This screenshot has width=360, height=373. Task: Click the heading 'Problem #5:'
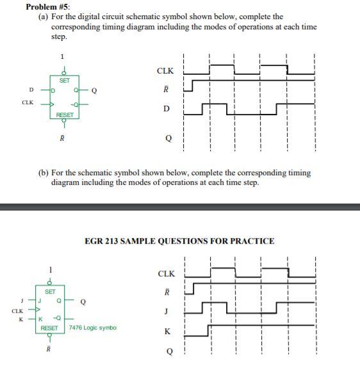(x=48, y=7)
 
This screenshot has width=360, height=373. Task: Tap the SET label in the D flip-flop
(x=65, y=81)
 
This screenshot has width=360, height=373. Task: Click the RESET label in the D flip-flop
(x=65, y=115)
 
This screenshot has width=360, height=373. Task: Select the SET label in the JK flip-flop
(x=50, y=292)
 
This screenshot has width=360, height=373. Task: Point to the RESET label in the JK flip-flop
(x=50, y=328)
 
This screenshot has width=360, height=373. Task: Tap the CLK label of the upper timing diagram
(x=166, y=70)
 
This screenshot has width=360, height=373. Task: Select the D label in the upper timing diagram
(x=167, y=109)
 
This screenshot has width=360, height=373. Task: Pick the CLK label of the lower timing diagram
(x=166, y=274)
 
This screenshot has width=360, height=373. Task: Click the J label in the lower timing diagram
(x=167, y=312)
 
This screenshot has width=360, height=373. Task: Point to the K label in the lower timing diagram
(x=167, y=331)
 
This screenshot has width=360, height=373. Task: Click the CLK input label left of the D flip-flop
(x=27, y=102)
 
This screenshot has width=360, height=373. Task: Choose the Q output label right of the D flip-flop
(x=94, y=90)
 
